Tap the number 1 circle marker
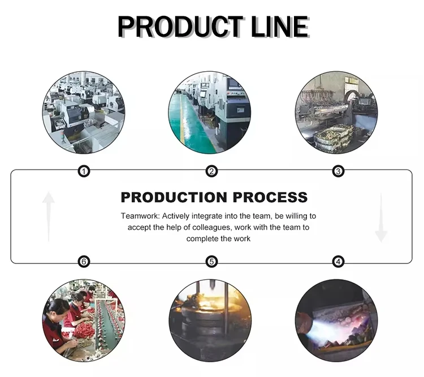coord(84,171)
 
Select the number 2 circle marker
coord(211,171)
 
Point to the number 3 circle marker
coord(338,171)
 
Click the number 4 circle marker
coord(338,262)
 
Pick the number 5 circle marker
coord(211,262)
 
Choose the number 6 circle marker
coord(84,262)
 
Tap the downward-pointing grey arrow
coord(381,217)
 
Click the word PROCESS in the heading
coord(269,197)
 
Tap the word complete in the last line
coord(200,239)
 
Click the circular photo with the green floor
coord(210,112)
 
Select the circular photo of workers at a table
coord(84,320)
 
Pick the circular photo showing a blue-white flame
coord(336,320)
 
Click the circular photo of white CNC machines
coord(84,112)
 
